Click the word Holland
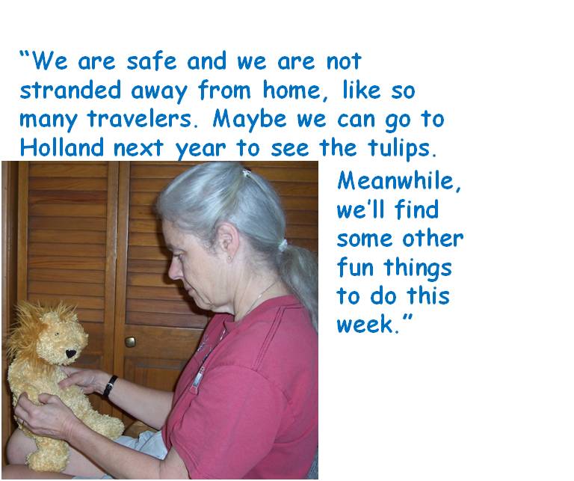point(62,147)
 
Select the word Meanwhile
point(398,181)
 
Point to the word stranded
point(70,90)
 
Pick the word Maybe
point(250,120)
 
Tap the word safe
point(151,61)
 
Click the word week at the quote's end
point(365,323)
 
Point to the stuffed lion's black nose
point(70,354)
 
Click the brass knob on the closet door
point(130,342)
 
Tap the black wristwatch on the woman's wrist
point(109,387)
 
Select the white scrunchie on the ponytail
point(283,245)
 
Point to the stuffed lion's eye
point(56,334)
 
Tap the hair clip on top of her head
point(247,172)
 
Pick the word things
point(418,268)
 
